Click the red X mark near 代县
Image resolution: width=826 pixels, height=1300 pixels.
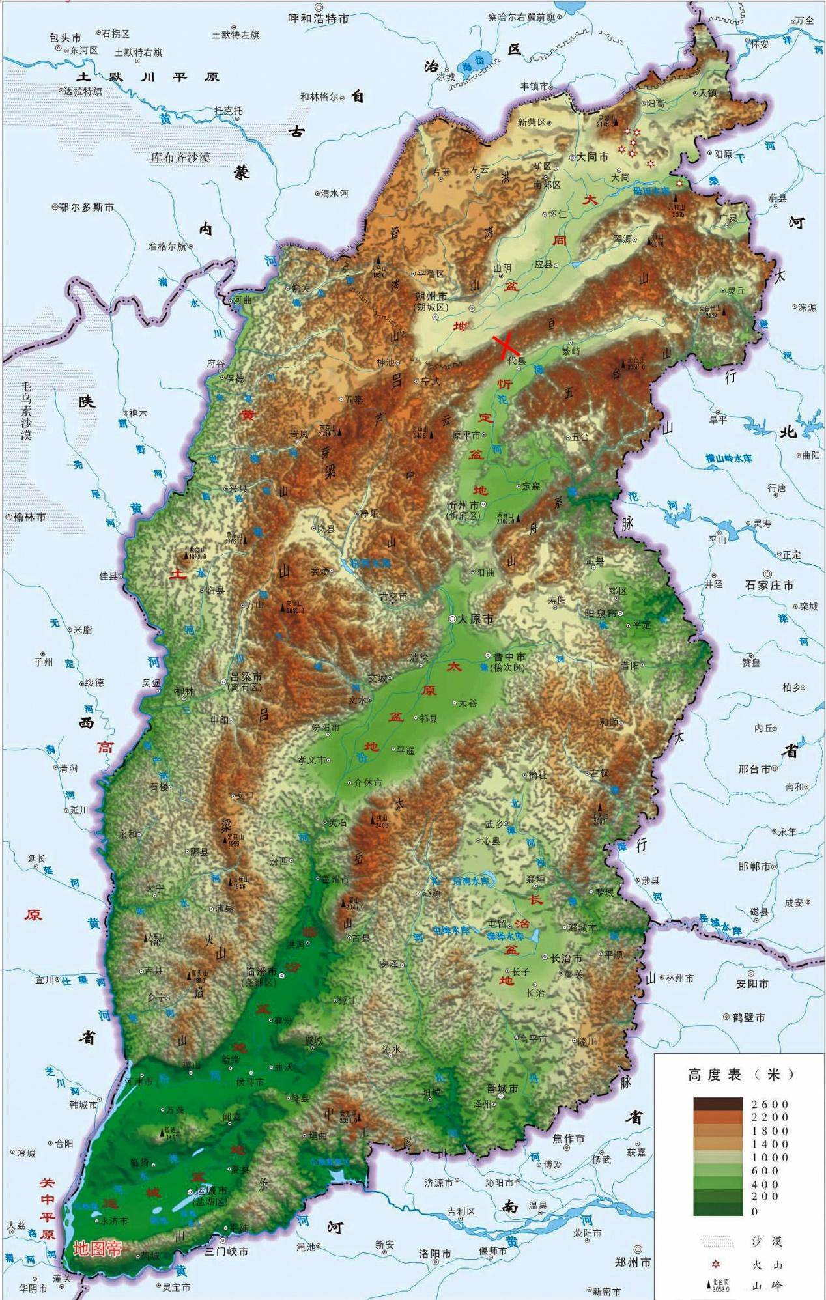(x=506, y=346)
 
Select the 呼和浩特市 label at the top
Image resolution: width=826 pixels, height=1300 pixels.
(x=319, y=19)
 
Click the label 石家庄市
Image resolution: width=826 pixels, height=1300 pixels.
(x=769, y=585)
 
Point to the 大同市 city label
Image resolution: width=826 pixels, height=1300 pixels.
(x=592, y=157)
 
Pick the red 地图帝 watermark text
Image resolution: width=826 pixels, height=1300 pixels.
(x=98, y=1249)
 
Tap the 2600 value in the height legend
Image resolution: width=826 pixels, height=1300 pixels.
(x=769, y=1104)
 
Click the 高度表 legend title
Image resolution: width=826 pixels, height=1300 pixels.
(x=715, y=1074)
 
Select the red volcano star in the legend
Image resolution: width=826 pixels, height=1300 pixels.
(x=716, y=1264)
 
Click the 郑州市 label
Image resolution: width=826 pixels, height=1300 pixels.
(x=633, y=1262)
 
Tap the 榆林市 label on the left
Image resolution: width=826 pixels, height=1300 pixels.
(x=29, y=516)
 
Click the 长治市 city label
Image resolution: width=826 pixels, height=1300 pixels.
(x=566, y=958)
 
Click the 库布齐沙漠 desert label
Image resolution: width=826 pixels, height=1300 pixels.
(x=180, y=157)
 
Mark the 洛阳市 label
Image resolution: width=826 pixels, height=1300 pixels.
(x=435, y=1253)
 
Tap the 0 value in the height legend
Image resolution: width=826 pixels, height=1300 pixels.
(x=755, y=1211)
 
